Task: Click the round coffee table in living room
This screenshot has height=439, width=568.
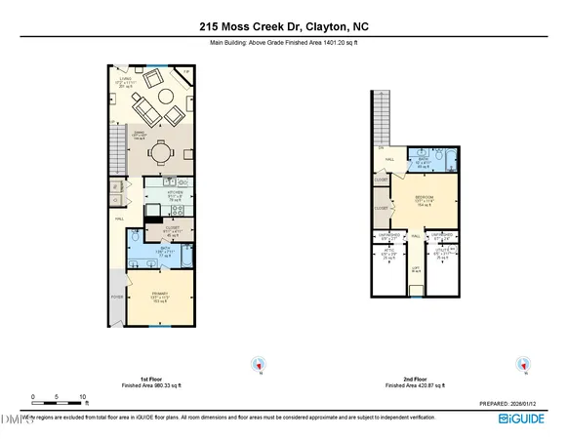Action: coord(163,97)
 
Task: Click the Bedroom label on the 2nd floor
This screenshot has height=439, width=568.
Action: coord(425,201)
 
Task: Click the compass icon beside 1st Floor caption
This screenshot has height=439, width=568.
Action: coord(260,365)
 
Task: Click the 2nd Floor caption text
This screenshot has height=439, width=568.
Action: coord(415,379)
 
